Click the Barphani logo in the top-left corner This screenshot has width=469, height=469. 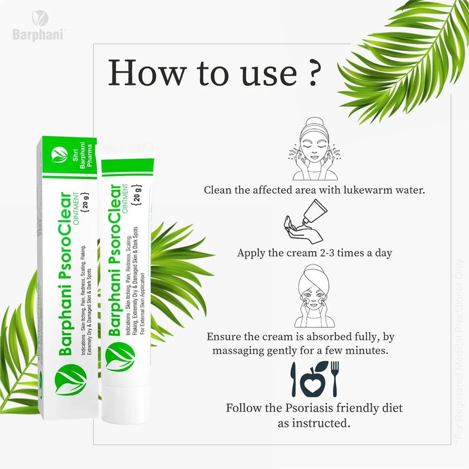click(x=39, y=27)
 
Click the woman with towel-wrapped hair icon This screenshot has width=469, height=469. click(x=311, y=296)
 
